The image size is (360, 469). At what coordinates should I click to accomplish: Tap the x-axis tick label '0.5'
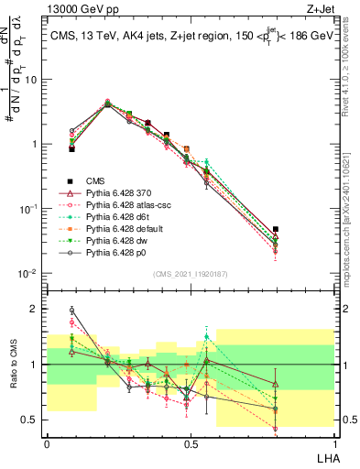click(189, 443)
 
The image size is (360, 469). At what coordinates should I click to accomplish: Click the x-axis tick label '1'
click(332, 443)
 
